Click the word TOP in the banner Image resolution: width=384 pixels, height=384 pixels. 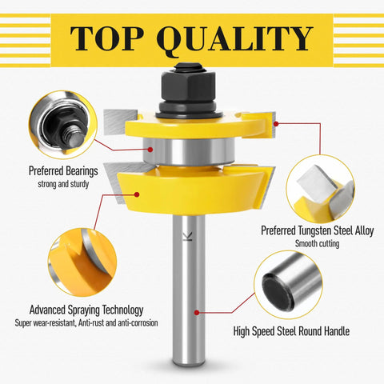coord(106,39)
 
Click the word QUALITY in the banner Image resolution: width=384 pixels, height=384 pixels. coord(234,41)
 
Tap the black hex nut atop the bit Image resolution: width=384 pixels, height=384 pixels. coord(189,86)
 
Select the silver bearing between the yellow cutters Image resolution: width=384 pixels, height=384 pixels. coord(189,151)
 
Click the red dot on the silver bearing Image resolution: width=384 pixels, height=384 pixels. coord(150,150)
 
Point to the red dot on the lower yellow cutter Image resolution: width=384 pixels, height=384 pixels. coord(137,194)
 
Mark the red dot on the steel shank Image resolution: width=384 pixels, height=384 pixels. coord(197,312)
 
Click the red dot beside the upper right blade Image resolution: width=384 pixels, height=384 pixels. coord(276,124)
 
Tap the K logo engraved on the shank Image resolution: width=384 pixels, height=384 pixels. coord(188,236)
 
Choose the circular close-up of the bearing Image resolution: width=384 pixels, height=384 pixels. coord(63,125)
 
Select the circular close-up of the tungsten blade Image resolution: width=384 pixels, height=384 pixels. coord(320,189)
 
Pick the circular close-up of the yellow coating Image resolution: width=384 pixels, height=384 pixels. coord(82,262)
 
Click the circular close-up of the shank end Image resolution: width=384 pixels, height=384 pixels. coord(288,285)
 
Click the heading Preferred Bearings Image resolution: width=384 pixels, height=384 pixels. coord(63,171)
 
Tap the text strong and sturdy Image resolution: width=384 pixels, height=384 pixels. coord(63,184)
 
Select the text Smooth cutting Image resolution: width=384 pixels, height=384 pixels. coord(317,243)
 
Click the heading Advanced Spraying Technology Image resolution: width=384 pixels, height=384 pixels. coord(86,310)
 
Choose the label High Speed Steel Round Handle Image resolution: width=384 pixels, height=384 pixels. coord(291,331)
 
